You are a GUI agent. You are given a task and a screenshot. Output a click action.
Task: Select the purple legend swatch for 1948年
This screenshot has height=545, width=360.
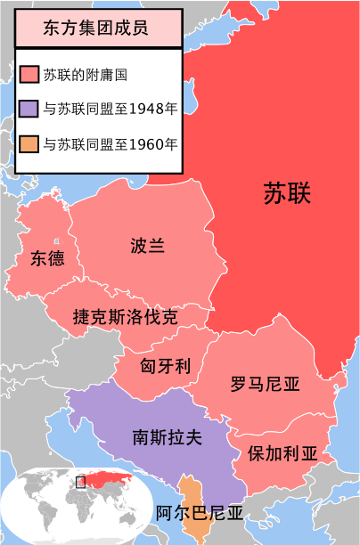tap(29, 109)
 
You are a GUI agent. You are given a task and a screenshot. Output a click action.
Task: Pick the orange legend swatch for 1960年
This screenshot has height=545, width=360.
tap(29, 142)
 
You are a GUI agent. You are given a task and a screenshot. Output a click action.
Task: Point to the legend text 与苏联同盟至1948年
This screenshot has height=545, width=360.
tap(109, 109)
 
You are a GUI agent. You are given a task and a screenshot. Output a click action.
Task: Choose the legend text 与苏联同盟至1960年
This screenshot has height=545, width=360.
tap(109, 142)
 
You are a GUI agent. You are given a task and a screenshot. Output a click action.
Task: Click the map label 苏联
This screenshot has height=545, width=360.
tap(291, 193)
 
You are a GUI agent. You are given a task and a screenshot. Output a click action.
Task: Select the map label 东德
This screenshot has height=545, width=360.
tap(47, 259)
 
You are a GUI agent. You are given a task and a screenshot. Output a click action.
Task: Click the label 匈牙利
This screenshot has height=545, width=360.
tap(166, 365)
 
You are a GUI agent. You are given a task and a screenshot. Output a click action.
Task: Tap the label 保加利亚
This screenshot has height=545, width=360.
tap(283, 451)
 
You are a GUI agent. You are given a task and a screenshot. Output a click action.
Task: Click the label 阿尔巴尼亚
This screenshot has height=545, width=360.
tap(199, 514)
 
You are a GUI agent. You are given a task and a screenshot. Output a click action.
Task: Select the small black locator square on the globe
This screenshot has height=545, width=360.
tap(81, 483)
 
